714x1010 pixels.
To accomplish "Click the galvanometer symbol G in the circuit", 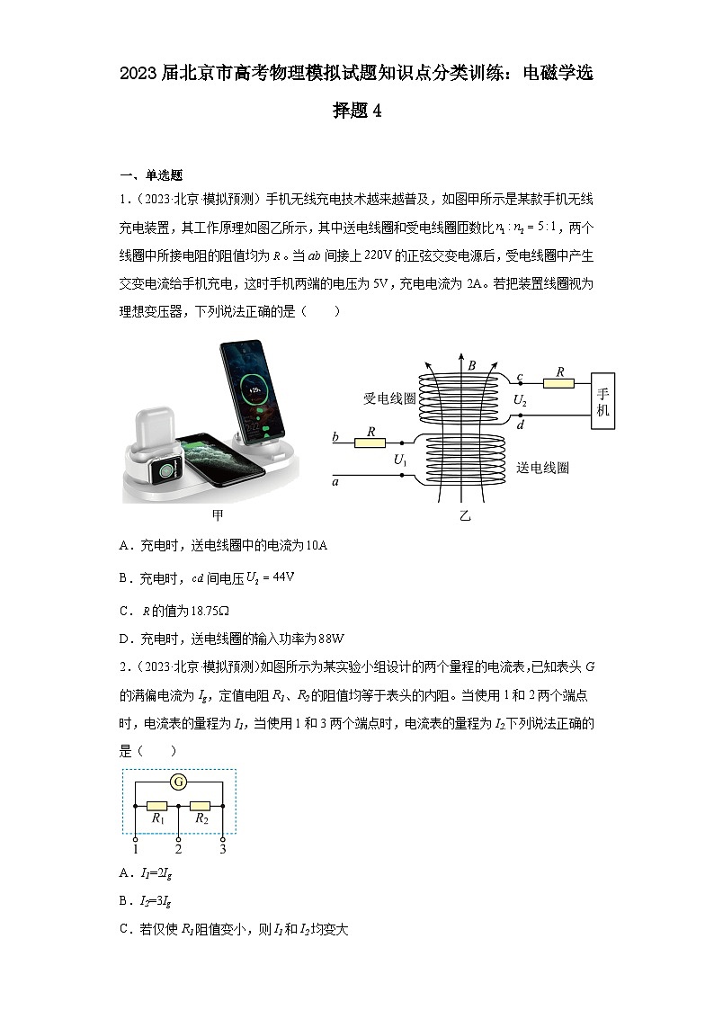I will point(179,782).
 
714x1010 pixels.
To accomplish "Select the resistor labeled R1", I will point(157,806).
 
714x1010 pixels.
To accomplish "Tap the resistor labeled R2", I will point(201,806).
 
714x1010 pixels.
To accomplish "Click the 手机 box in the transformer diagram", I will point(603,402).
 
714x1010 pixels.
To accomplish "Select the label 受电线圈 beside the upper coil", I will point(389,398).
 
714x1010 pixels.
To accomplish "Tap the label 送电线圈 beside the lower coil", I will point(543,468).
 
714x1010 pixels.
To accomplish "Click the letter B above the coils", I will point(471,365).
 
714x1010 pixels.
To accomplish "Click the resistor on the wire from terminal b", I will point(370,442).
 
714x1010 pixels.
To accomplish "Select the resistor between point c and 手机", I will point(559,383).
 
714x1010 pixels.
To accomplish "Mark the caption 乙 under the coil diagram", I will point(465,516).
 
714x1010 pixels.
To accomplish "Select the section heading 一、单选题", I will point(151,175).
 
